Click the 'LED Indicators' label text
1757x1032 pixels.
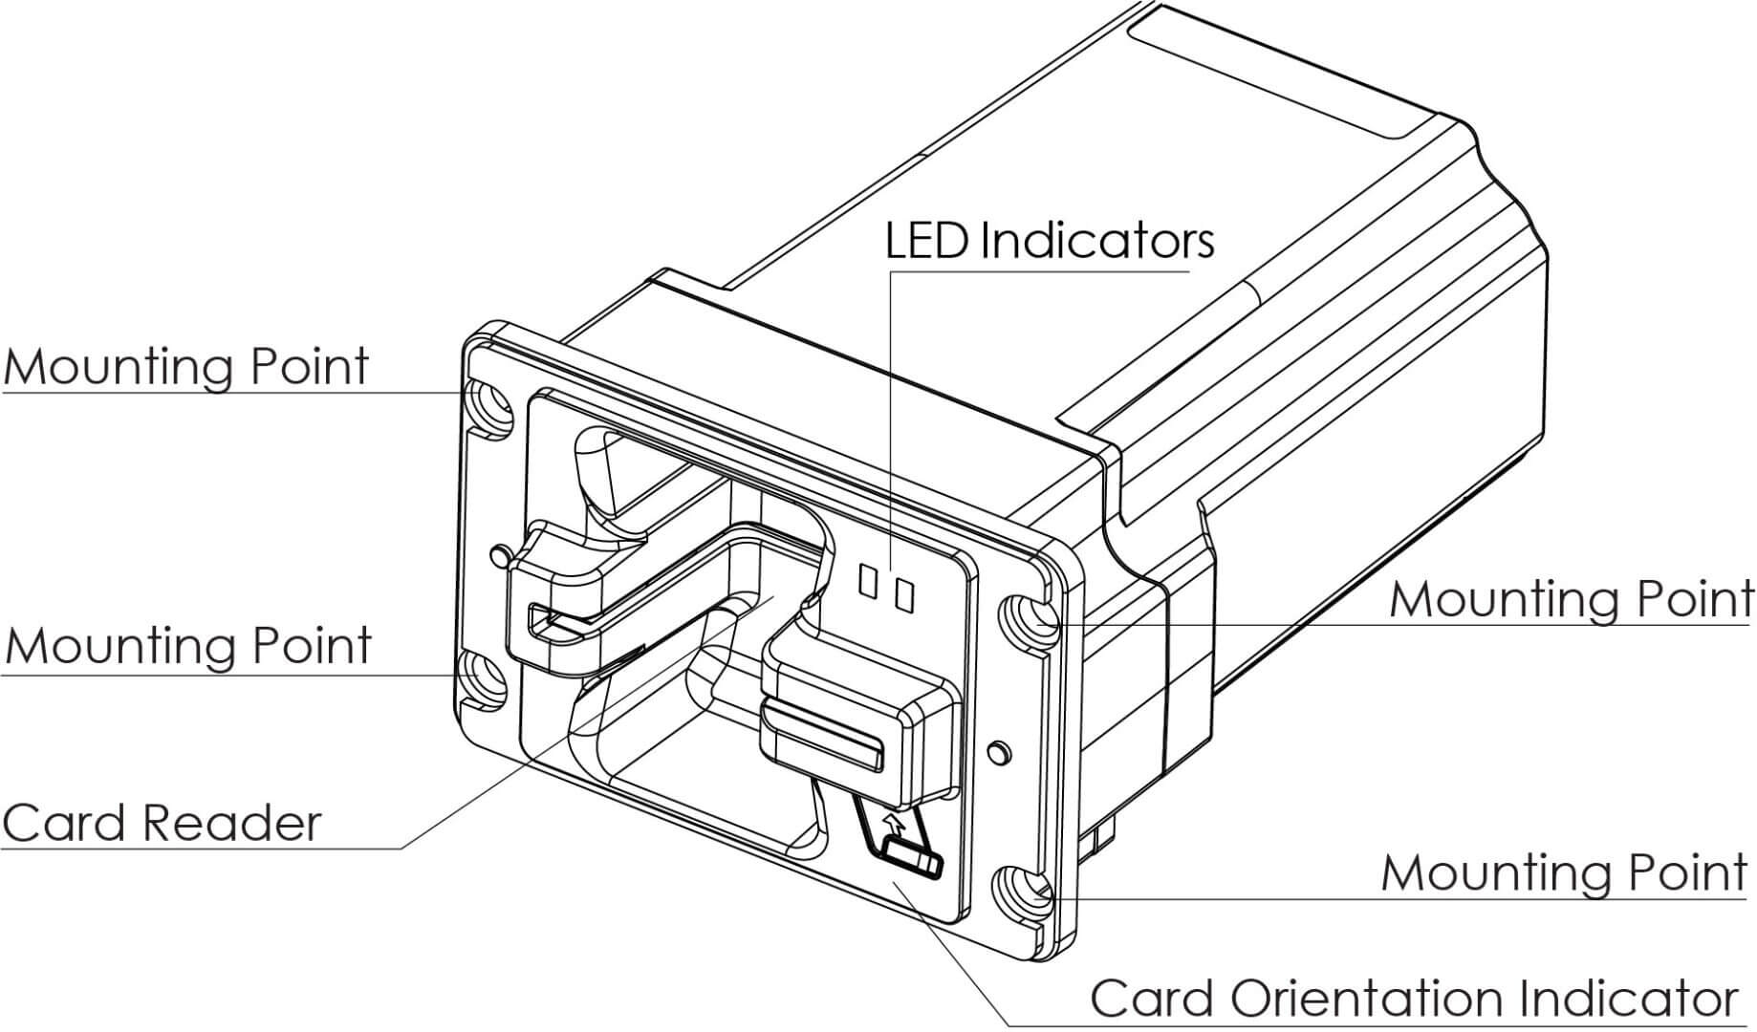[1049, 241]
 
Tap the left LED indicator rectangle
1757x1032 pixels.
[869, 582]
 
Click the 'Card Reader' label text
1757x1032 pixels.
[162, 824]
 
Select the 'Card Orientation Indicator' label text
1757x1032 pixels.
[1413, 1000]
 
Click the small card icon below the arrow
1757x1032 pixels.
[912, 856]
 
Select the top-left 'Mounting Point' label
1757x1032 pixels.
[186, 367]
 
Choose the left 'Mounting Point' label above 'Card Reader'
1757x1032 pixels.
[188, 646]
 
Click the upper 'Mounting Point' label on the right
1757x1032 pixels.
[1571, 600]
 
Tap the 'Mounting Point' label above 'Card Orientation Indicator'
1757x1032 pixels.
[1564, 873]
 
